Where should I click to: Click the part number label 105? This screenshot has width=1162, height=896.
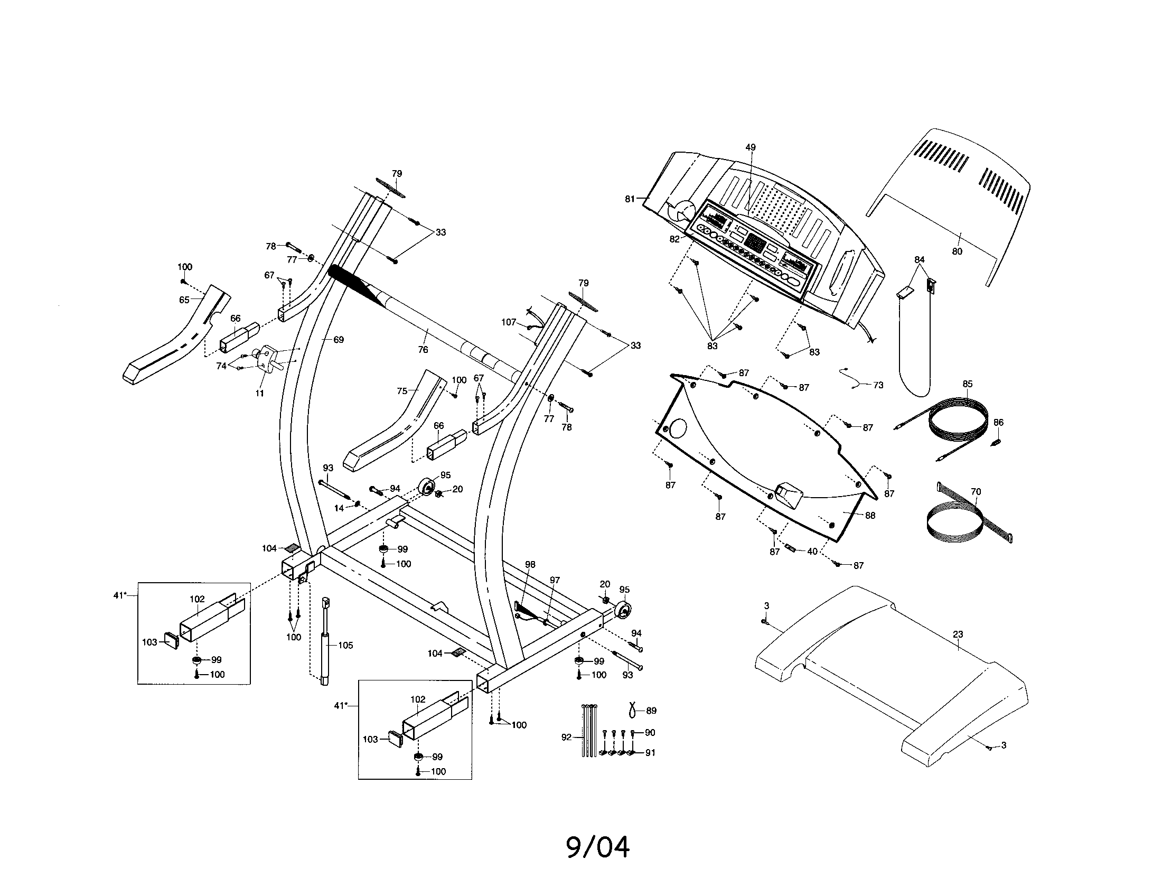coord(345,646)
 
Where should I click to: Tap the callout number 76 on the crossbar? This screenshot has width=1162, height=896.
coord(423,350)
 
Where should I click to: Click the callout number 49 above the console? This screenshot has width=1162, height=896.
coord(750,147)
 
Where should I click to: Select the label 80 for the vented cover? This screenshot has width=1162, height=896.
coord(957,251)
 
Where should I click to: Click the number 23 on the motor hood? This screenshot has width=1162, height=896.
coord(958,634)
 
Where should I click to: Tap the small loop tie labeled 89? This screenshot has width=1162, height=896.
coord(633,709)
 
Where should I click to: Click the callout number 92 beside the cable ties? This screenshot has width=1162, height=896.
coord(566,737)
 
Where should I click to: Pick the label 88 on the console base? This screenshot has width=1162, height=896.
coord(870,515)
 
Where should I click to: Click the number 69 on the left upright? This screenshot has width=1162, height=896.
coord(339,340)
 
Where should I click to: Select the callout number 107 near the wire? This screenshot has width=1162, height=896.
coord(509,322)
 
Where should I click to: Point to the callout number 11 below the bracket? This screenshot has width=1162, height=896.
coord(259,393)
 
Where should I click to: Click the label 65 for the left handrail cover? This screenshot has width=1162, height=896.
coord(184,300)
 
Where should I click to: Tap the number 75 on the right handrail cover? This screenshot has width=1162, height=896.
coord(402,391)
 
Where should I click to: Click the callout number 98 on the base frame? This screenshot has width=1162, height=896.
coord(530,565)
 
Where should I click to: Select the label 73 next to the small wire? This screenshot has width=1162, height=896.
coord(878,385)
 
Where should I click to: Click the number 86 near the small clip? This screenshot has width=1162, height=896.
coord(998,423)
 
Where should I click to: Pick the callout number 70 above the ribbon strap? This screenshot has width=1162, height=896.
coord(975,492)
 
